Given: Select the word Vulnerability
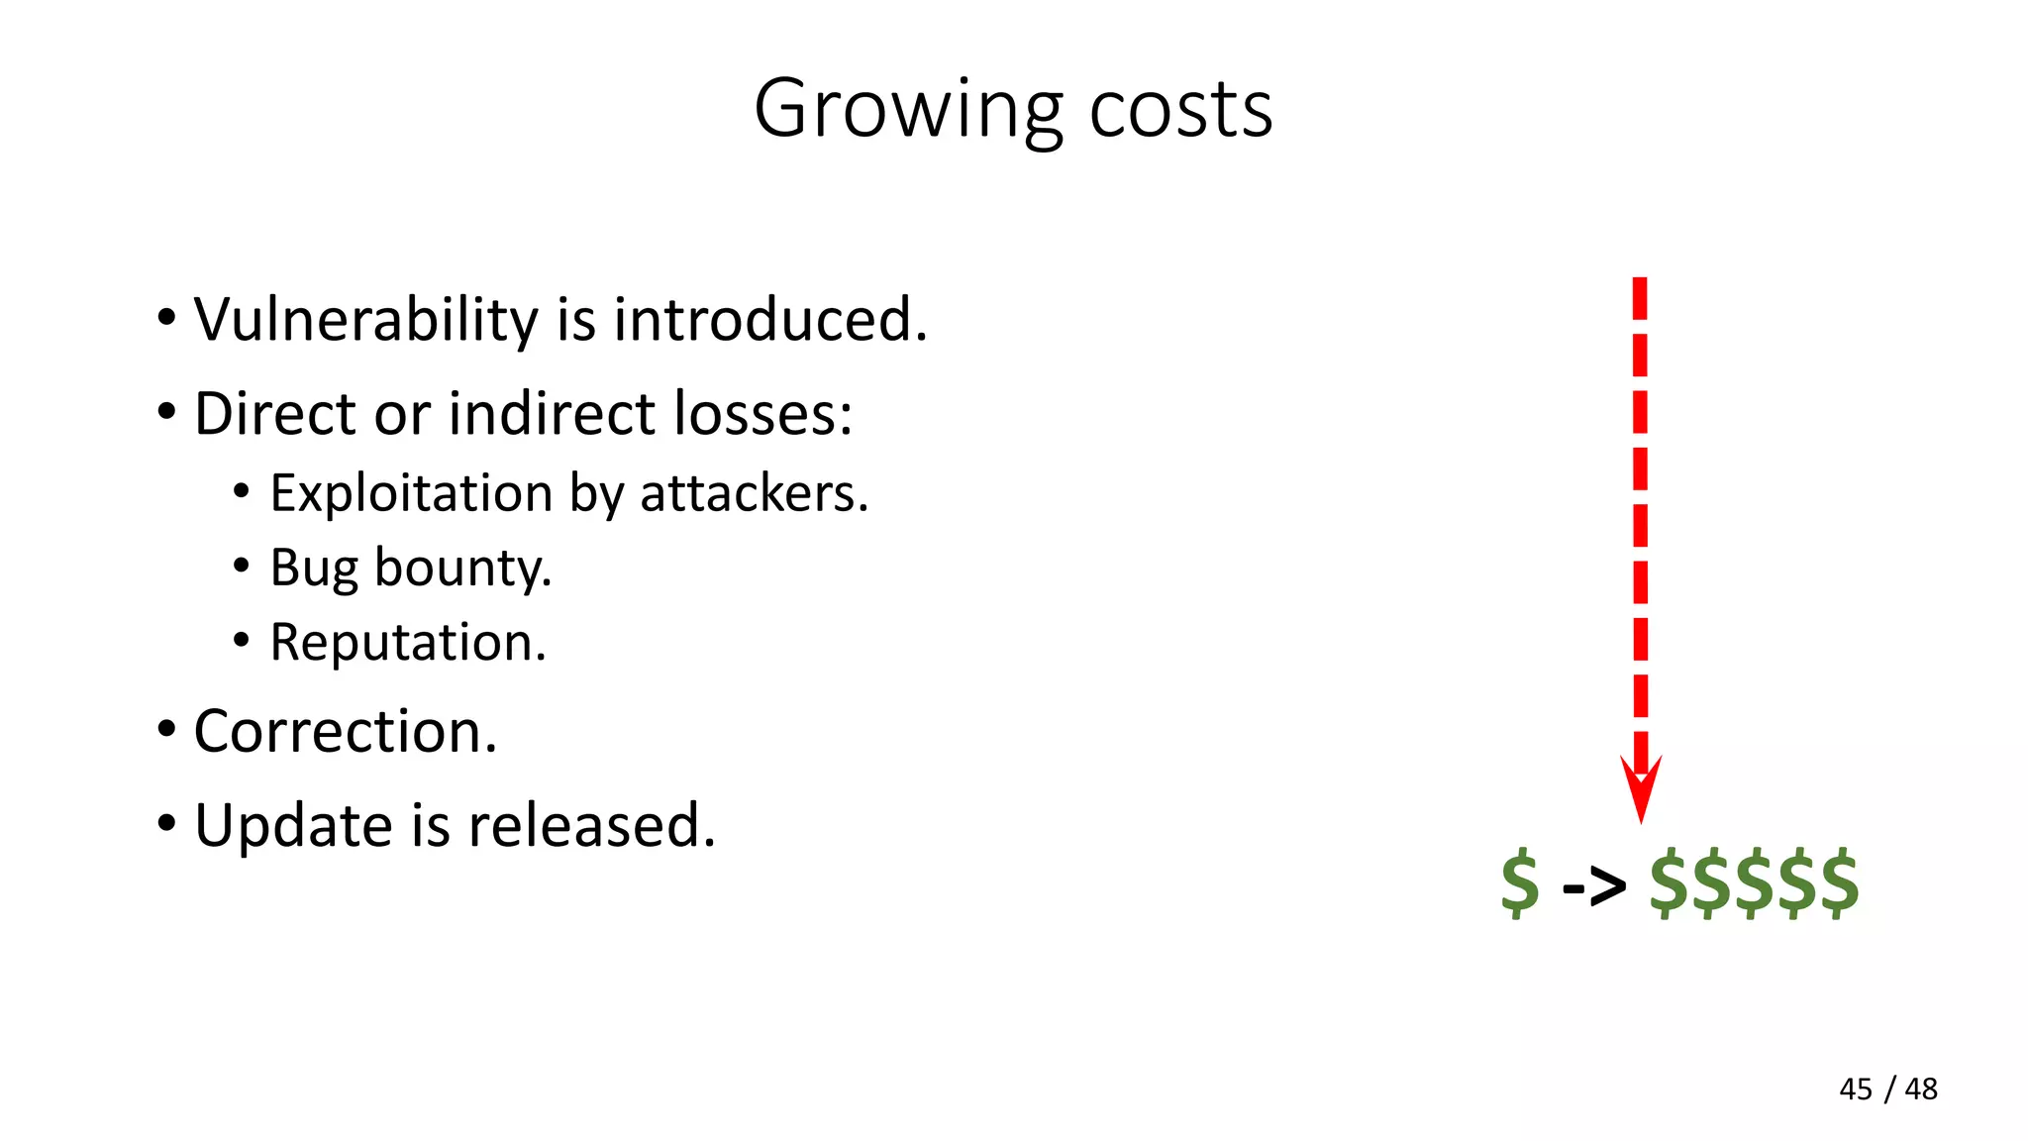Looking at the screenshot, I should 366,321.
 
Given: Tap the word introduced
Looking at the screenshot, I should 770,320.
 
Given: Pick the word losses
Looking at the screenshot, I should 762,414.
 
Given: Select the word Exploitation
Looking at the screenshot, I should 411,493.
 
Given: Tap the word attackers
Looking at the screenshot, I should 754,493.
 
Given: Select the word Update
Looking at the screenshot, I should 293,826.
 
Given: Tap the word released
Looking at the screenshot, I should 591,825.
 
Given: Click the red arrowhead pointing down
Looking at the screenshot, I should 1641,787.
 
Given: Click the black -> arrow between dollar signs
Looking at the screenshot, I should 1593,884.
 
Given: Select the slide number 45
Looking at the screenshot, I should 1856,1089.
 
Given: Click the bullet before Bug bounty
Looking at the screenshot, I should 242,567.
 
